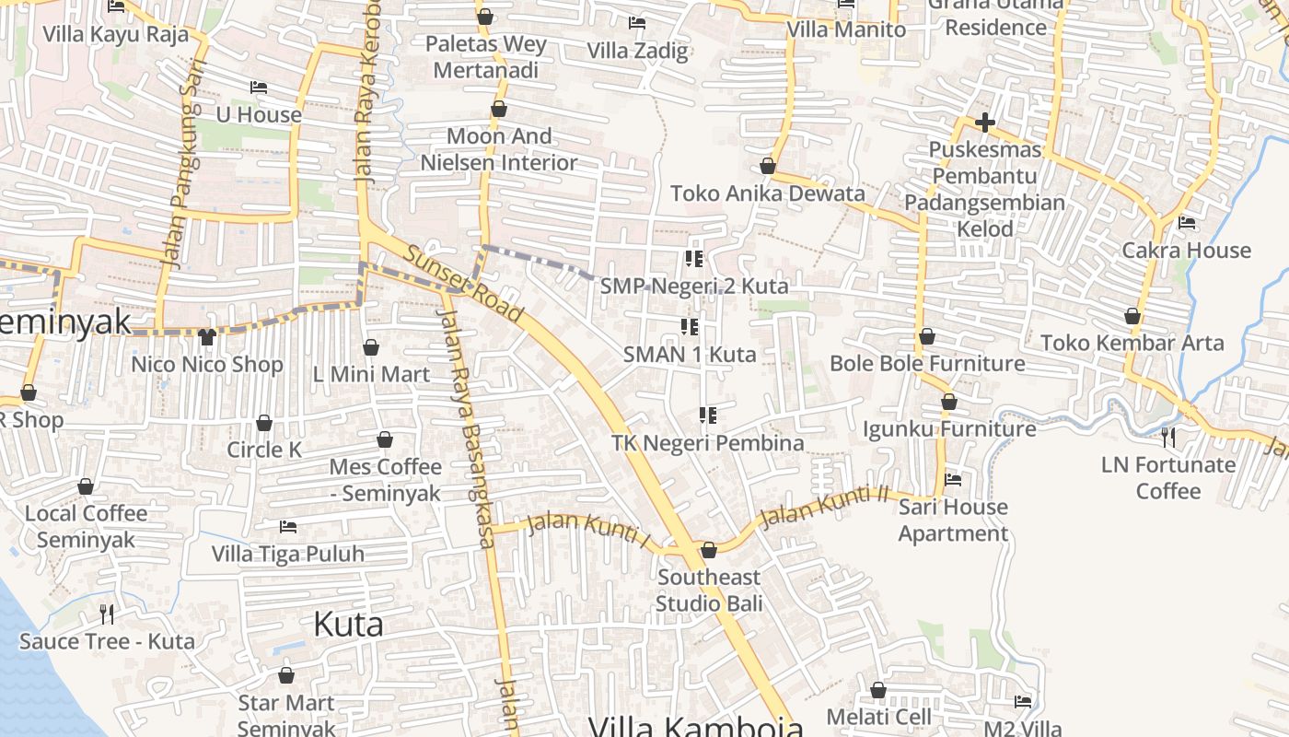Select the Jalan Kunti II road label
[824, 507]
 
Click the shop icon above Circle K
[264, 423]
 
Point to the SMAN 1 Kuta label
[690, 354]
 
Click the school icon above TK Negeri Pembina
[707, 415]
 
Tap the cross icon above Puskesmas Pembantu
[984, 122]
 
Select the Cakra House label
[1186, 250]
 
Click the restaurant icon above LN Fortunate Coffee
[1167, 436]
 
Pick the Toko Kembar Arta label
[1132, 343]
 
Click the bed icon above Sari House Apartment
[953, 479]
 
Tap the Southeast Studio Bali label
[709, 591]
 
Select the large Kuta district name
[348, 624]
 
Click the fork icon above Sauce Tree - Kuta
[107, 614]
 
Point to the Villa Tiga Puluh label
[287, 554]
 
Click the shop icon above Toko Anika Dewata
[767, 167]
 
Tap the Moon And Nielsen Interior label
[499, 149]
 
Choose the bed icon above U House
[259, 88]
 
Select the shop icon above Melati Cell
[878, 690]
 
